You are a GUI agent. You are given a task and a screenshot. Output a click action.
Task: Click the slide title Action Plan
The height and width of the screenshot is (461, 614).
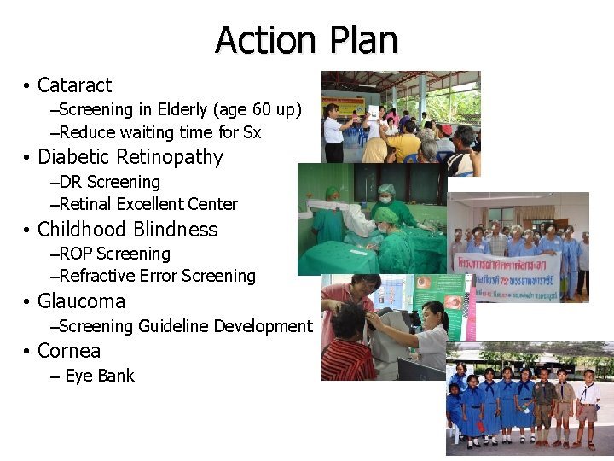(306, 40)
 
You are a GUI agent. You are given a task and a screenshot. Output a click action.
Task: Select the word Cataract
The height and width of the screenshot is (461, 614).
(74, 85)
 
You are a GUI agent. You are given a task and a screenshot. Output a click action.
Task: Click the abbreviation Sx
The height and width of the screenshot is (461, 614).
(252, 132)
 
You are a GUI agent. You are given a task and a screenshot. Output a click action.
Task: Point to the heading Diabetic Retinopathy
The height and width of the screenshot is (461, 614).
(130, 157)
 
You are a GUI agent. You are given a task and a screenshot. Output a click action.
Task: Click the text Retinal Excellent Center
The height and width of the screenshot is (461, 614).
(148, 204)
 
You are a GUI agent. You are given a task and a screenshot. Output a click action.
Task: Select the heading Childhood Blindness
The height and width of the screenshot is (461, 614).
(128, 230)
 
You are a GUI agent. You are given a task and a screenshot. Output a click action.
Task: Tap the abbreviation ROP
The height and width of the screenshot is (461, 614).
(76, 254)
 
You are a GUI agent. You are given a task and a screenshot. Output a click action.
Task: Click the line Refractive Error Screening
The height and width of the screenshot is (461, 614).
(157, 276)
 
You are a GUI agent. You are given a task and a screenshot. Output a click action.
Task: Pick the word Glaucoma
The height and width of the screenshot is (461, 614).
(81, 301)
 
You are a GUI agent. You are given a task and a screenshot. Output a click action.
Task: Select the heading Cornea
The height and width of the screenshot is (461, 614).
(69, 351)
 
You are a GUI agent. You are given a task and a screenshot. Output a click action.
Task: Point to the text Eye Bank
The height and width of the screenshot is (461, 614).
(99, 376)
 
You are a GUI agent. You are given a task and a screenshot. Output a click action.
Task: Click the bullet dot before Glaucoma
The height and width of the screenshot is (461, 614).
(28, 302)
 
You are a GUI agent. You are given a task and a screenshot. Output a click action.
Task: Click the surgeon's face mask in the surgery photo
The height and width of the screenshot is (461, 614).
(386, 198)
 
